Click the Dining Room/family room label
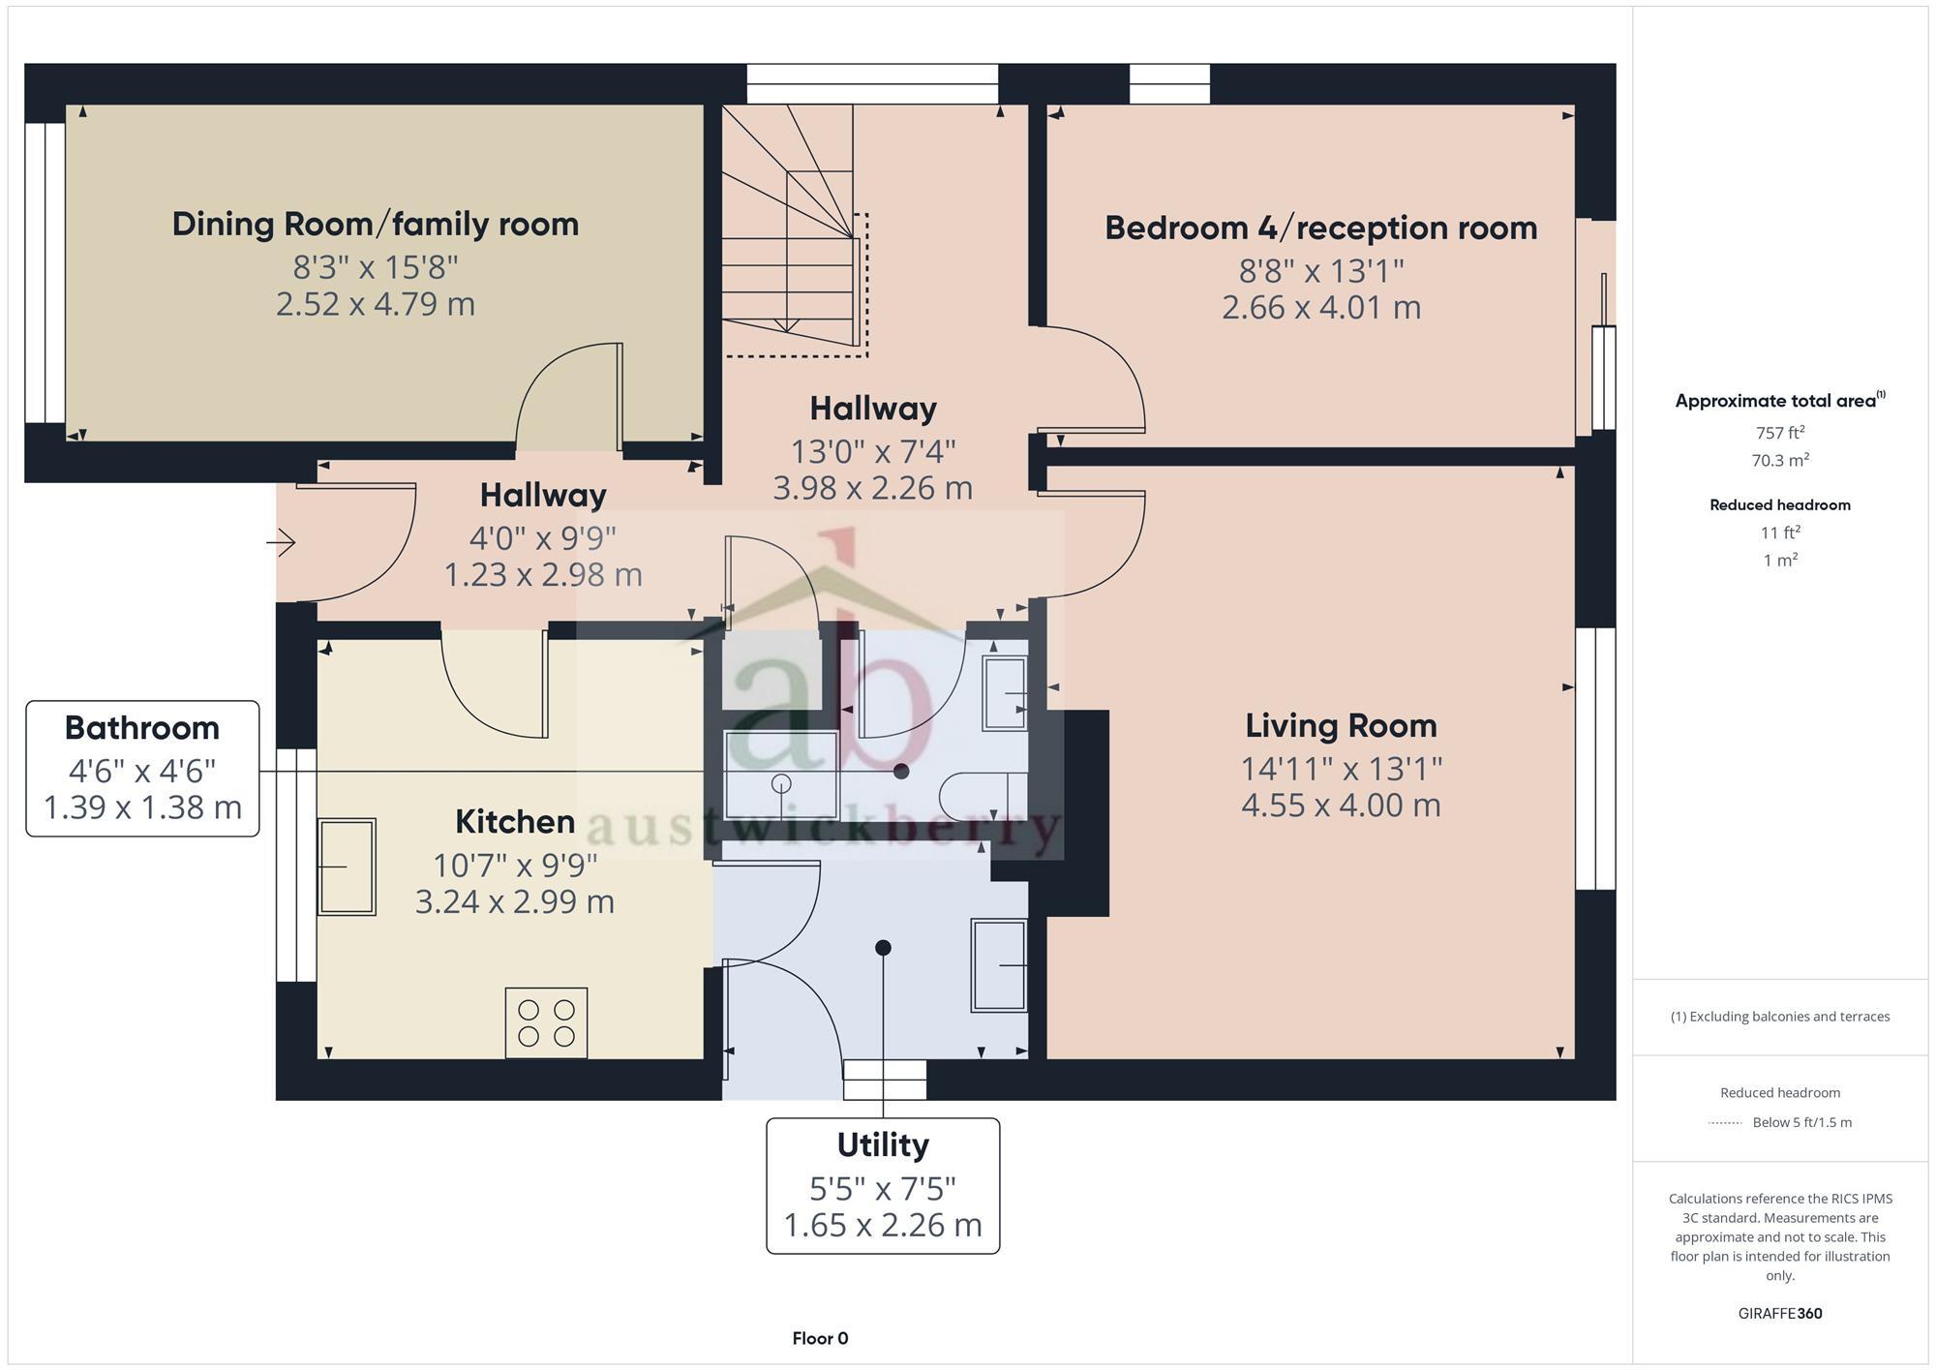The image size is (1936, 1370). click(375, 224)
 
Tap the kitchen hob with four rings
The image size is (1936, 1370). click(546, 1022)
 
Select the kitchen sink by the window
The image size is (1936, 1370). click(347, 867)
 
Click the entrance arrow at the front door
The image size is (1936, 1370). click(281, 542)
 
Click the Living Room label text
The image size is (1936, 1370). click(1341, 725)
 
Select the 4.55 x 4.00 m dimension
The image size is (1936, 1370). click(1341, 806)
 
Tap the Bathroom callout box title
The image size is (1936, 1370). click(142, 728)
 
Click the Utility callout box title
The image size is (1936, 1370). click(883, 1145)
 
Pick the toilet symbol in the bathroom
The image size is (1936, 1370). click(983, 797)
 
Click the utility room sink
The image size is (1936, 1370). click(999, 965)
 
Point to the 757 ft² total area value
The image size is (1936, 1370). click(1779, 433)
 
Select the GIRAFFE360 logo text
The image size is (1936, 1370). click(1779, 1314)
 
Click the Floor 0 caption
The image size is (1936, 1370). click(820, 1339)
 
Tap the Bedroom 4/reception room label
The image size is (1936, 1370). click(1320, 228)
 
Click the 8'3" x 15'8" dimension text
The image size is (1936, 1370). click(375, 265)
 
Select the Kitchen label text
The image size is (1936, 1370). click(515, 822)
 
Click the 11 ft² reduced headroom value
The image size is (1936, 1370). click(1779, 533)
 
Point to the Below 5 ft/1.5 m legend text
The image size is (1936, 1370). click(1801, 1123)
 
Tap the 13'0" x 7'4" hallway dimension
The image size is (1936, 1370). click(873, 451)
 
